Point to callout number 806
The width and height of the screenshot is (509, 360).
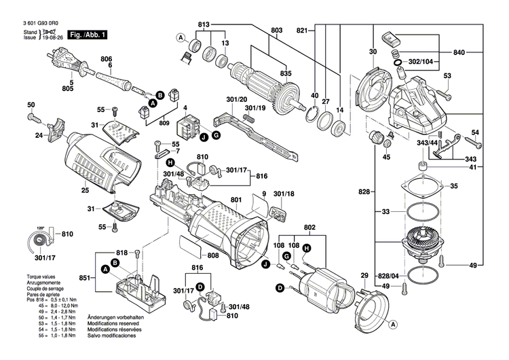click(x=107, y=58)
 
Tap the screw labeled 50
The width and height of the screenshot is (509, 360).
click(x=34, y=116)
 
